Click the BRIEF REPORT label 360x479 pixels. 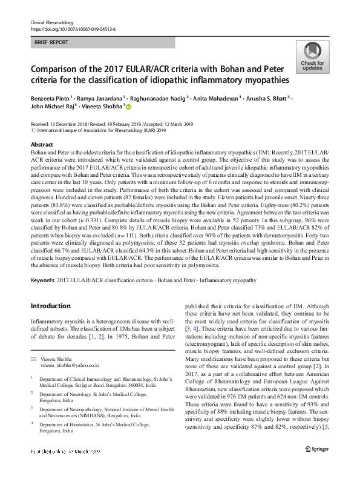click(52, 42)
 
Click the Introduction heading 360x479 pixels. click(50, 306)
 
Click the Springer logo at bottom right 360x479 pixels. click(318, 465)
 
